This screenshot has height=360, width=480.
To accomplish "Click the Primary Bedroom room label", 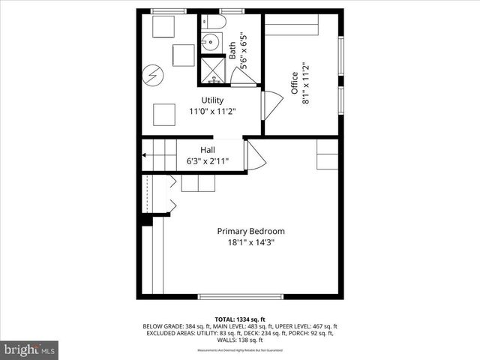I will (x=250, y=231).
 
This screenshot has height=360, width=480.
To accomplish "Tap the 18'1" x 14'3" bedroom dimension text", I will (x=250, y=242).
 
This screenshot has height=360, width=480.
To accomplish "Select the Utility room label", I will (x=211, y=100).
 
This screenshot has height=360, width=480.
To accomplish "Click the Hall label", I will (x=208, y=149).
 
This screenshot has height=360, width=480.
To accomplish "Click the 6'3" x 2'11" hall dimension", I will (x=208, y=160).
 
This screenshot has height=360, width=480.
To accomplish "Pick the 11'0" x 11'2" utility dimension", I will (x=211, y=112).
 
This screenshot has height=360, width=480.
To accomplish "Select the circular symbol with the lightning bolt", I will (x=154, y=75).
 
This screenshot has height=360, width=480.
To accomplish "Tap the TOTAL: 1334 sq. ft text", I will (x=240, y=318).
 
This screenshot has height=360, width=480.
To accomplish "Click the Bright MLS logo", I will (x=30, y=349).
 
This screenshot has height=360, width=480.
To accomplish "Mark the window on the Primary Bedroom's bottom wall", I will (x=240, y=296).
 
